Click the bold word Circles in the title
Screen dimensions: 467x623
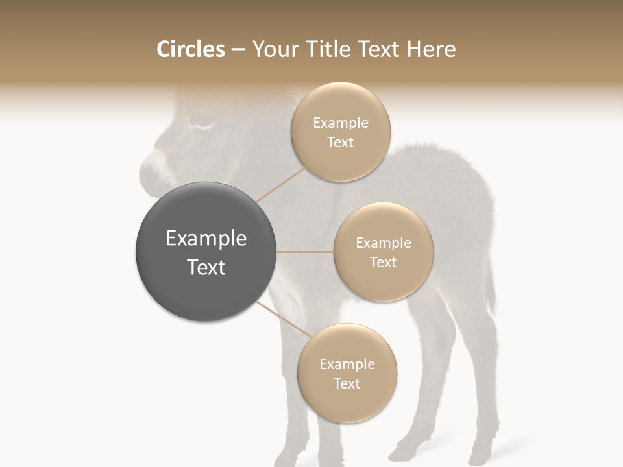point(191,49)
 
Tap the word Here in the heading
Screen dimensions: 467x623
point(432,49)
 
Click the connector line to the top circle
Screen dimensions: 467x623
point(280,184)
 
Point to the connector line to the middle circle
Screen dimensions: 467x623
point(305,252)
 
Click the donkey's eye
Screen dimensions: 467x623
point(201,121)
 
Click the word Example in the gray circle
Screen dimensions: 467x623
point(206,239)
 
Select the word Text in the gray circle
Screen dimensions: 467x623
point(206,267)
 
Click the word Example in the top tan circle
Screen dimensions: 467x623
point(341,123)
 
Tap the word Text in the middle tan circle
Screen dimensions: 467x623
point(383,263)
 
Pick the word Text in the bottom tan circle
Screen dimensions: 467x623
point(347,384)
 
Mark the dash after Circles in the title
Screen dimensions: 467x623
point(238,50)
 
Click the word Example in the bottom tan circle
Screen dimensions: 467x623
point(347,365)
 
